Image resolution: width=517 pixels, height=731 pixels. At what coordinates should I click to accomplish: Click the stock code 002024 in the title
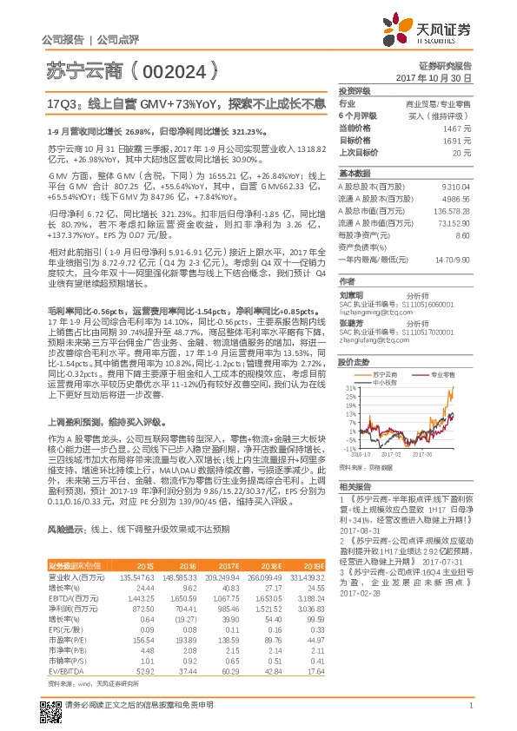[x=169, y=68]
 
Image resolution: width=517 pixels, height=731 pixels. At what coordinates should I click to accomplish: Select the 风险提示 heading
[x=63, y=529]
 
